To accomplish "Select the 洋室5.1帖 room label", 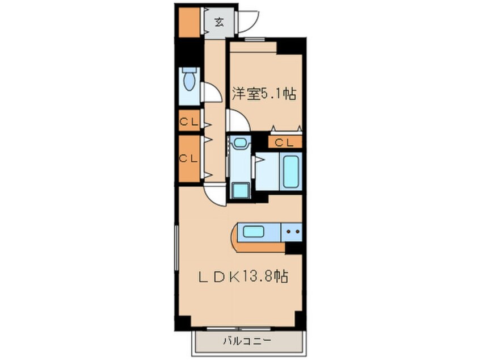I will (264, 94).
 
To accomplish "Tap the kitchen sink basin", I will (253, 231).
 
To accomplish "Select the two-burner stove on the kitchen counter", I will (293, 232).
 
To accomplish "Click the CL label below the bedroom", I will (285, 142).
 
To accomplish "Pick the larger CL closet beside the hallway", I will (188, 158).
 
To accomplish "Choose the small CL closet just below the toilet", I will (188, 121).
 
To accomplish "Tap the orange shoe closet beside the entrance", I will (188, 22).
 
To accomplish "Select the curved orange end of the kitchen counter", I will (236, 240).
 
